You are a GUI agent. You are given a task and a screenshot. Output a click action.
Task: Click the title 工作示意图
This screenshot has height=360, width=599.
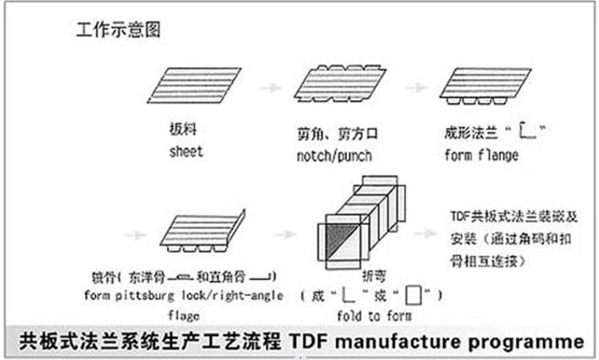[118, 30]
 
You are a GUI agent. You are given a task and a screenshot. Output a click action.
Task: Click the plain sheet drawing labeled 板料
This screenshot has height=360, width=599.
[195, 85]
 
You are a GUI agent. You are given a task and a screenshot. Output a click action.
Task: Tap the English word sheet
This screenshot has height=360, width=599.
[186, 151]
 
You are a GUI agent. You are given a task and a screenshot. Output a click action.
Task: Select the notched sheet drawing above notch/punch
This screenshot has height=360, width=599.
[340, 83]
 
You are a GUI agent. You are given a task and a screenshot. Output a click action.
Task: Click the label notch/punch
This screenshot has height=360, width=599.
[334, 155]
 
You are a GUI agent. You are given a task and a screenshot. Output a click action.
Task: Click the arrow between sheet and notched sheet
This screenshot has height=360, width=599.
[270, 88]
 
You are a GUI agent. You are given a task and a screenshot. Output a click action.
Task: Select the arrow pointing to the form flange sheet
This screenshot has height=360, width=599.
[415, 88]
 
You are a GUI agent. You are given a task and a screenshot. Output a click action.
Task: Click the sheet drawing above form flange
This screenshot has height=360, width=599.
[485, 85]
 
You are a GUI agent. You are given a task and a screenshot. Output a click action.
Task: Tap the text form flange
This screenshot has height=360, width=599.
[481, 155]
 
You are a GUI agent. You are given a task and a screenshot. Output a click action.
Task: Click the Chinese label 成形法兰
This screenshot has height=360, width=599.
[472, 133]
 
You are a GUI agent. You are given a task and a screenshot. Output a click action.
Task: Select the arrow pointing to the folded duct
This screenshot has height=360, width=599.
[285, 234]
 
